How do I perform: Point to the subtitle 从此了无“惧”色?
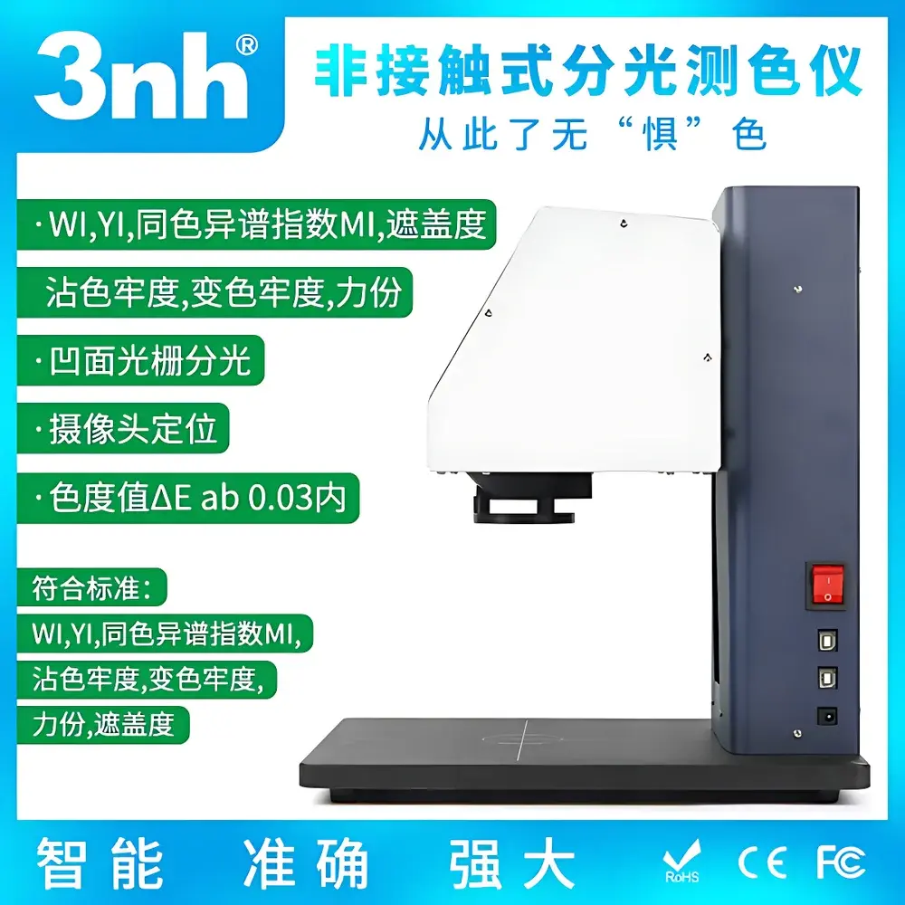tap(593, 135)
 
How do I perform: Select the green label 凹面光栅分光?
tap(148, 361)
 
